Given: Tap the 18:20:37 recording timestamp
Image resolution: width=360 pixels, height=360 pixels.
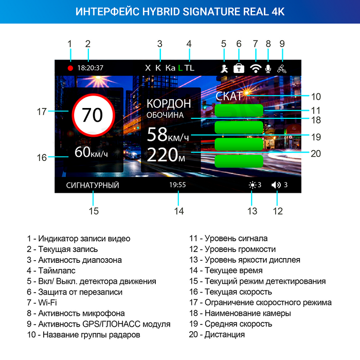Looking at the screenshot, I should coord(91,68).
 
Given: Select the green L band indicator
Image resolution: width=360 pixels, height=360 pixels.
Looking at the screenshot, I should coord(181,68).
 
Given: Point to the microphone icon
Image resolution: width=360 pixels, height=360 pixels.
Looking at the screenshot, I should coord(268,68).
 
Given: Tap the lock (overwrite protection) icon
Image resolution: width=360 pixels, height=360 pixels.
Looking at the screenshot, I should coord(239,68).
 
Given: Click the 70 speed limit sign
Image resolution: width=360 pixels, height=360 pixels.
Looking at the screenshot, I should coord(93,115).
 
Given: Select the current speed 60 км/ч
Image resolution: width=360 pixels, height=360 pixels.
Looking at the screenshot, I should coord(92,152).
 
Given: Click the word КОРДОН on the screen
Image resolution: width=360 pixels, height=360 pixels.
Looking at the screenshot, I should coord(169,103).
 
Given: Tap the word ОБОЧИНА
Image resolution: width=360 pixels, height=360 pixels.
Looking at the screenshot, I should coord(165,116).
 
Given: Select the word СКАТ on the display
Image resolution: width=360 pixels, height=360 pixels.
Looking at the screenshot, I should coord(229,96).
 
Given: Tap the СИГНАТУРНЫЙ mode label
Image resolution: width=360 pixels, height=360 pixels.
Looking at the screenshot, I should coord(93,185).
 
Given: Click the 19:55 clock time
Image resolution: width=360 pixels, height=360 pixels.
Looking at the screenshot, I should coord(177,185).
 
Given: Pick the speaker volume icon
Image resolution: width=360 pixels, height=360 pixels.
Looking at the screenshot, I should coord(277,185).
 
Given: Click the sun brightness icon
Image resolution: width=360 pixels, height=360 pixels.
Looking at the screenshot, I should coord(252,185).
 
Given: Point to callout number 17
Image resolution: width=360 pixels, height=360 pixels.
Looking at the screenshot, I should coord(42,111).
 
